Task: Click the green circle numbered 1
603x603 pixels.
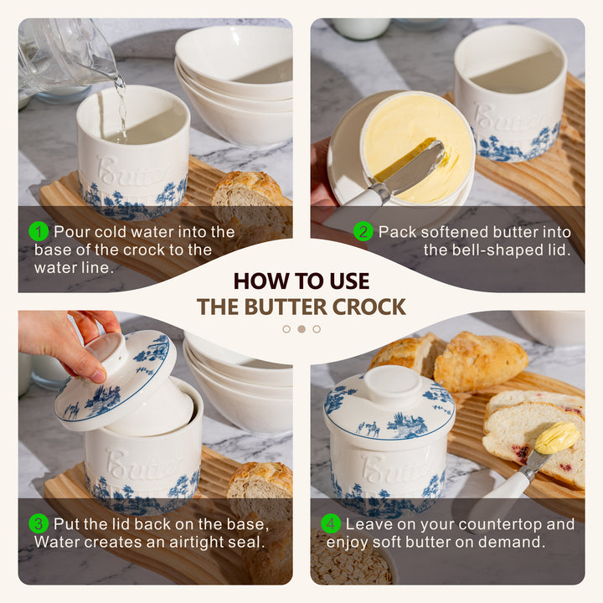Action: (39, 231)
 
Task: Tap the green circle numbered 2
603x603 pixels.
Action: (363, 231)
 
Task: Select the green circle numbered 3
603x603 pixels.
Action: (39, 523)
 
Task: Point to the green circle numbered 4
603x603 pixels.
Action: (331, 523)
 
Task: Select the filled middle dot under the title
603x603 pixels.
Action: (301, 329)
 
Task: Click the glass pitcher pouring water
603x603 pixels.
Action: (65, 54)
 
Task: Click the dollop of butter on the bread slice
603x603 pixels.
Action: (557, 437)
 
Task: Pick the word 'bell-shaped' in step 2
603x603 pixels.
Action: (481, 250)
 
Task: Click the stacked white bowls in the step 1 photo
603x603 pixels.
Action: (234, 85)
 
